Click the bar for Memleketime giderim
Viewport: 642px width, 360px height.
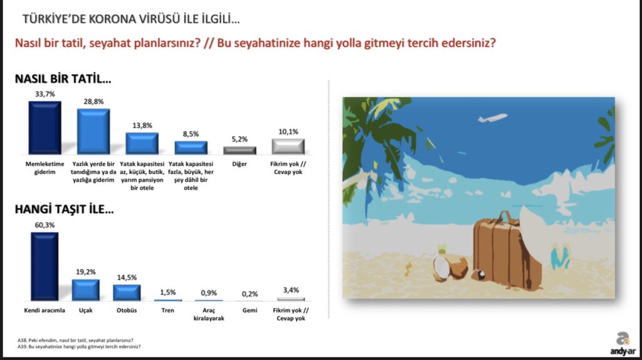(45, 128)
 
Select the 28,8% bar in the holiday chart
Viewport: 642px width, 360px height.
(93, 132)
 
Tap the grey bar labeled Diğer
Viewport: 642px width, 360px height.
(239, 151)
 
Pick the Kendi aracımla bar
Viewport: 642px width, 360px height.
(45, 267)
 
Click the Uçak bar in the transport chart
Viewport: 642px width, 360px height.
(85, 290)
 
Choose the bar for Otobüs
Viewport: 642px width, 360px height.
(127, 293)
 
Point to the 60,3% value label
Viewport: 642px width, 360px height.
(45, 225)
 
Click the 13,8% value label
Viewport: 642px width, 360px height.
(142, 125)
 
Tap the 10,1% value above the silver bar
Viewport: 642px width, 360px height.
(288, 132)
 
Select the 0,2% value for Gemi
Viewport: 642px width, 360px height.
(250, 294)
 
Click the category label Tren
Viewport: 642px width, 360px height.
(167, 310)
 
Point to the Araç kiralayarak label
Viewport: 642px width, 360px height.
(209, 314)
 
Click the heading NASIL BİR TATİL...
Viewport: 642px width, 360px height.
(63, 78)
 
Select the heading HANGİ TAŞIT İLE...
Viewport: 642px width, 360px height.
(65, 209)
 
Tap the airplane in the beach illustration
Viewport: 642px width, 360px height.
(493, 118)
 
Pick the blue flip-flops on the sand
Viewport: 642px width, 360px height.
(560, 255)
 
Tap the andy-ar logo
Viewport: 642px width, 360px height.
(623, 344)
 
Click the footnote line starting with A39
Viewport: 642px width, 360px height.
(79, 346)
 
